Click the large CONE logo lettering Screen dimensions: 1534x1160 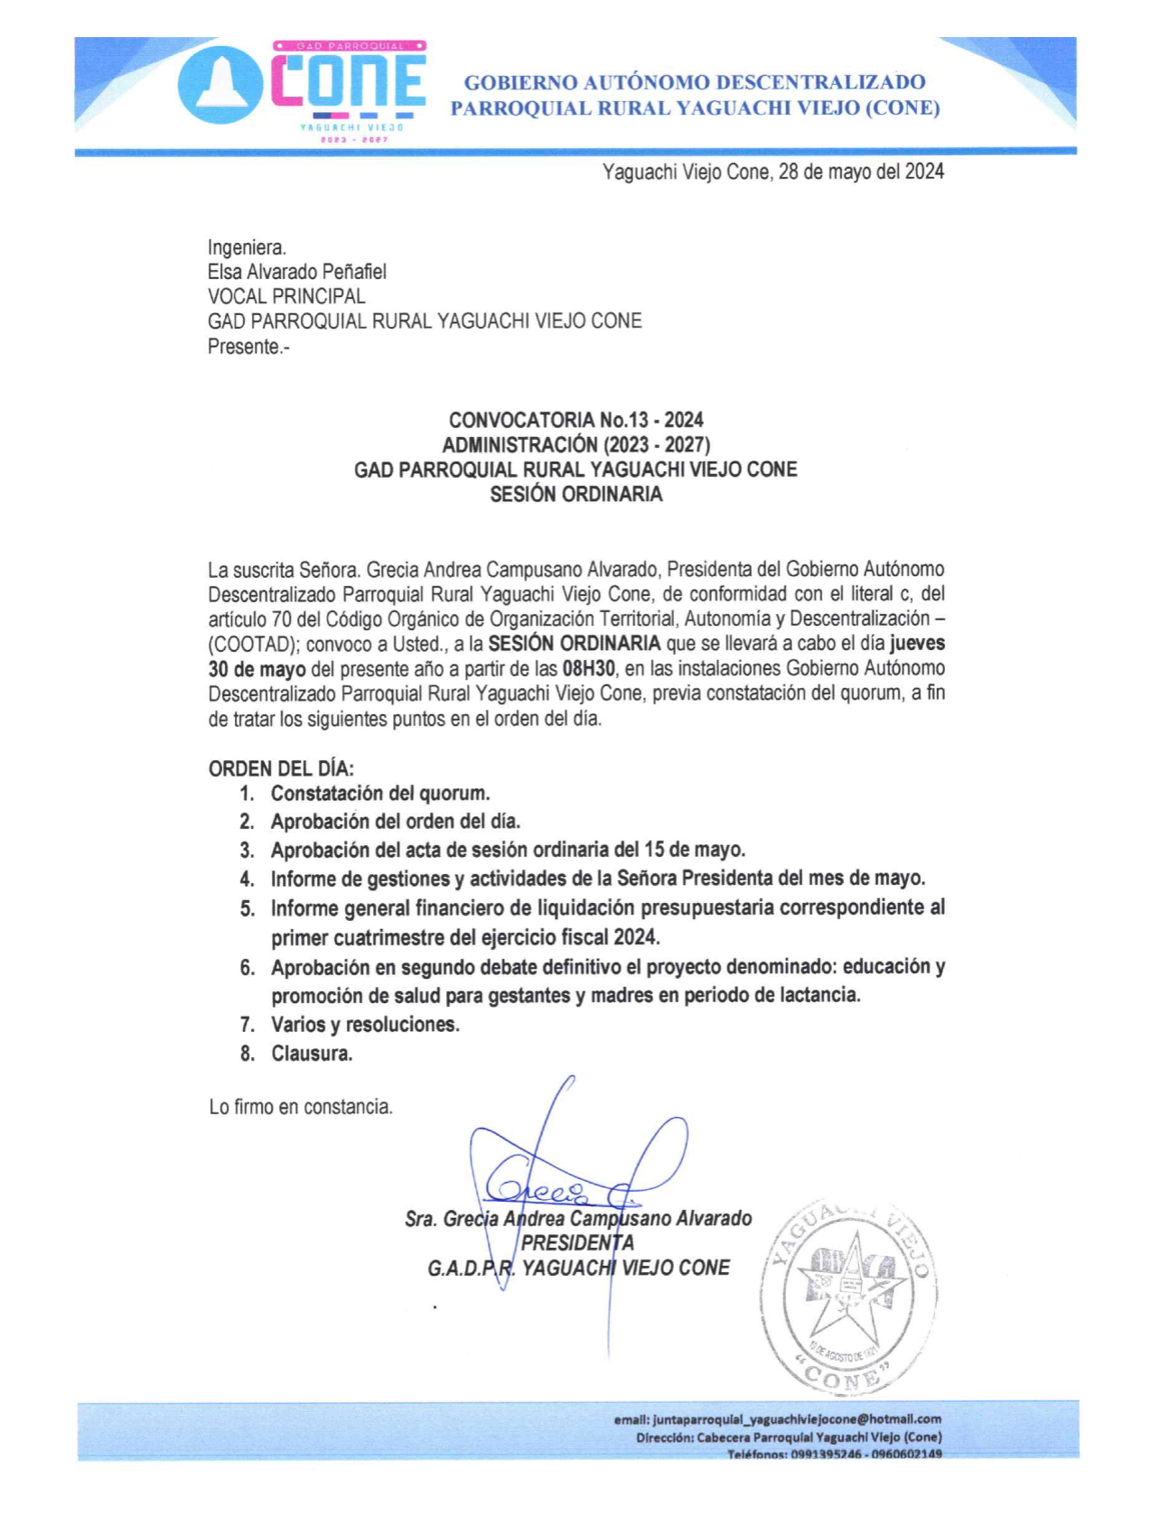(x=349, y=83)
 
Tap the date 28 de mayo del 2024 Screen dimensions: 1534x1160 (x=861, y=172)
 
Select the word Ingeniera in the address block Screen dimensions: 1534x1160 (x=247, y=247)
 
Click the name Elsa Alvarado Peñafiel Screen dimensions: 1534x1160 (x=297, y=272)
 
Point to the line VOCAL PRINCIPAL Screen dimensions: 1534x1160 (x=286, y=296)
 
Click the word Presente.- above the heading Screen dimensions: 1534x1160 (x=248, y=347)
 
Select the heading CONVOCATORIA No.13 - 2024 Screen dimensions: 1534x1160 (x=575, y=420)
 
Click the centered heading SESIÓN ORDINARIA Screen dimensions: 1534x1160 (x=575, y=494)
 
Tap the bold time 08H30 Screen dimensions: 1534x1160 (x=588, y=669)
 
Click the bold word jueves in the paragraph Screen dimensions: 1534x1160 (x=917, y=644)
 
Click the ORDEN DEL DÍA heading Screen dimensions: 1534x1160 (x=281, y=768)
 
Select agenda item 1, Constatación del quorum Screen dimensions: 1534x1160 (x=379, y=794)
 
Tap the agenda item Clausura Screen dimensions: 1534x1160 (x=312, y=1054)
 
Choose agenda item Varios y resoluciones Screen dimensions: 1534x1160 (x=365, y=1025)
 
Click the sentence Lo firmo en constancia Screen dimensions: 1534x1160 (x=301, y=1107)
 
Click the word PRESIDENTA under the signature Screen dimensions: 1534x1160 (x=577, y=1243)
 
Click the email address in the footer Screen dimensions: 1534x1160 (x=797, y=1419)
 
